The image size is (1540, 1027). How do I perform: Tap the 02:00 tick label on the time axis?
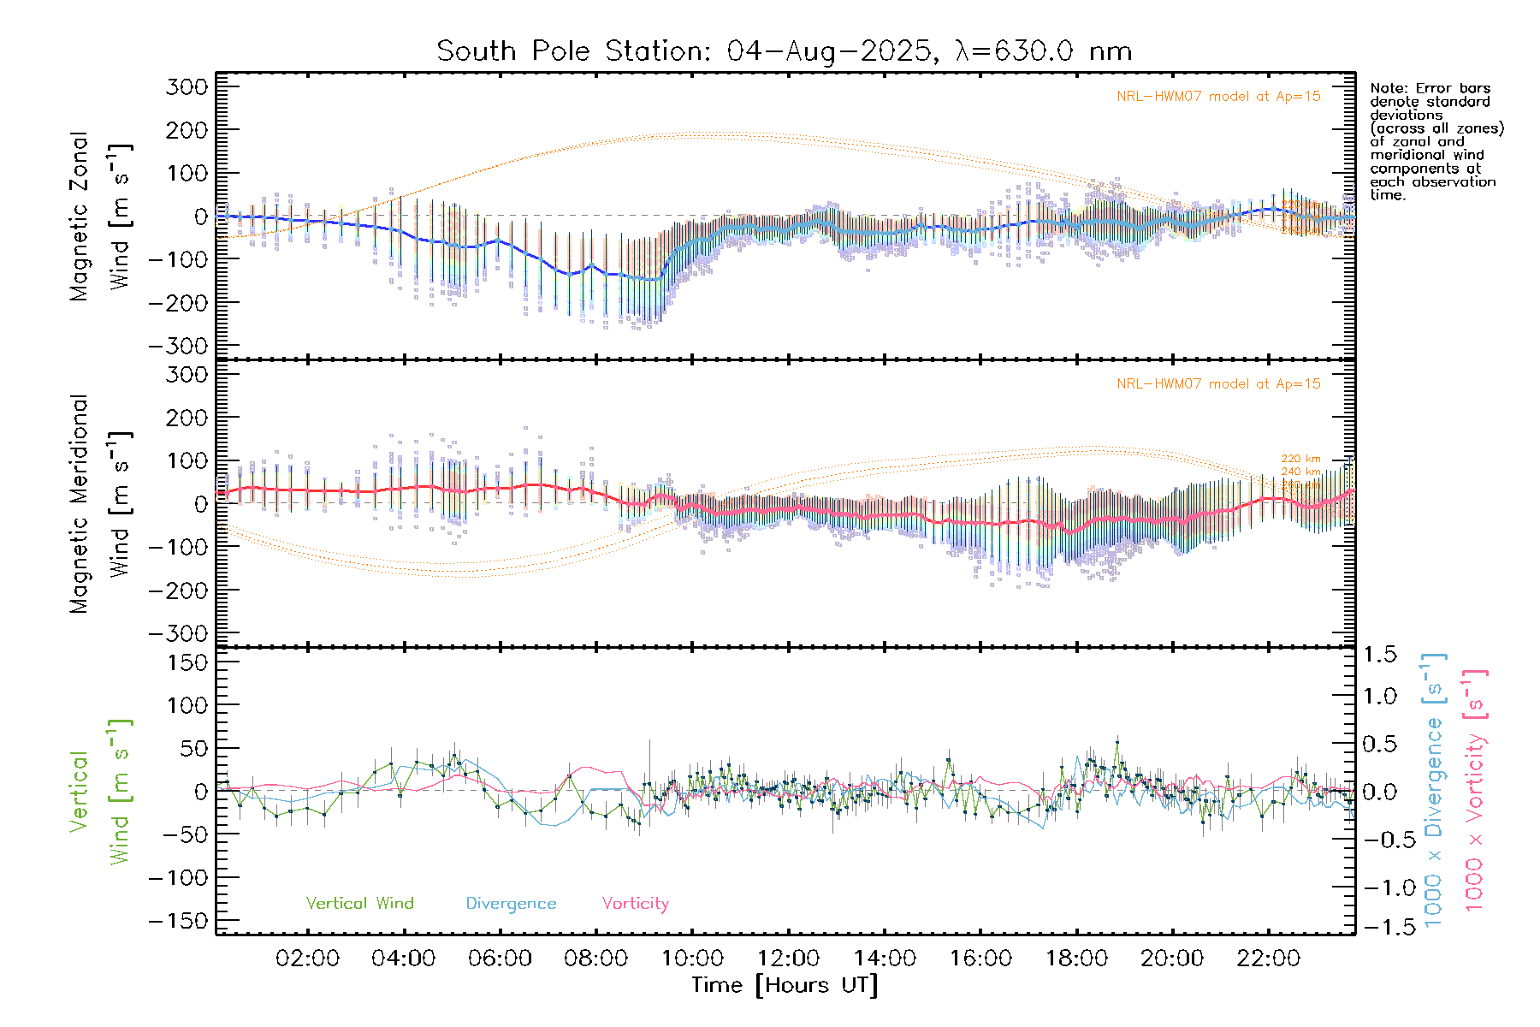coord(307,959)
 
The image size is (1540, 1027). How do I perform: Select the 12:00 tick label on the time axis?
coord(788,959)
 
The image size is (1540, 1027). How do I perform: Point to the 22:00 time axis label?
coord(1268,959)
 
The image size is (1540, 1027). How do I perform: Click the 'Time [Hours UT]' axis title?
coord(785,985)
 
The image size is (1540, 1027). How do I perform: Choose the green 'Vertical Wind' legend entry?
coord(359,904)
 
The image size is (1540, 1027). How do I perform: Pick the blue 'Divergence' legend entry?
coord(511,904)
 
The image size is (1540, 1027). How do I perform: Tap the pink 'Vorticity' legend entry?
coord(635,904)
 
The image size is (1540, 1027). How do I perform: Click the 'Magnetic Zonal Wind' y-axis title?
coord(101,217)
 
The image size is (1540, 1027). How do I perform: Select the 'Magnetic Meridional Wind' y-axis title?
coord(101,504)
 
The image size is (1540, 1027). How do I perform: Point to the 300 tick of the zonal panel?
coord(187,87)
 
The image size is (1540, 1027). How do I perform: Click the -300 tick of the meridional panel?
coord(178,634)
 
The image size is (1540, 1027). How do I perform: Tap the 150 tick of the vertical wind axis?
coord(187,662)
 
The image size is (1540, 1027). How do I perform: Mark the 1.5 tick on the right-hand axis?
coord(1380,655)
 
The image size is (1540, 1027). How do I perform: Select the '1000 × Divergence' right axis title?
coord(1434,791)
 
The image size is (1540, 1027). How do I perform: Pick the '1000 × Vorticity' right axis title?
coord(1475,791)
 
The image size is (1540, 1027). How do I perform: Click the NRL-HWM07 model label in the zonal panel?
coord(1218,97)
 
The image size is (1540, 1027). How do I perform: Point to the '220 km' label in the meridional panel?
coord(1300,460)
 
